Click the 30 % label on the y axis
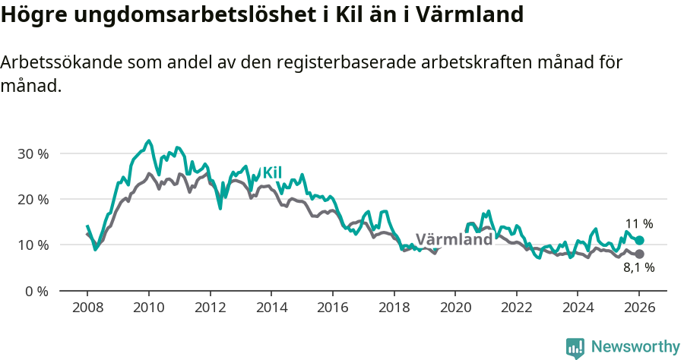[33, 153]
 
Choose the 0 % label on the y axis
[36, 291]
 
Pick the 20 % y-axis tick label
[33, 199]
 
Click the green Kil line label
[272, 173]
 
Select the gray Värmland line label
[454, 240]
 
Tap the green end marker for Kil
[639, 240]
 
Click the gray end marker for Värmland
[639, 254]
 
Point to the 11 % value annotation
[638, 224]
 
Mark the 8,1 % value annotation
[638, 267]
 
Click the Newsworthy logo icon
[575, 347]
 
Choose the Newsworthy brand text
[635, 347]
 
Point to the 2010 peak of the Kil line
[149, 141]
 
